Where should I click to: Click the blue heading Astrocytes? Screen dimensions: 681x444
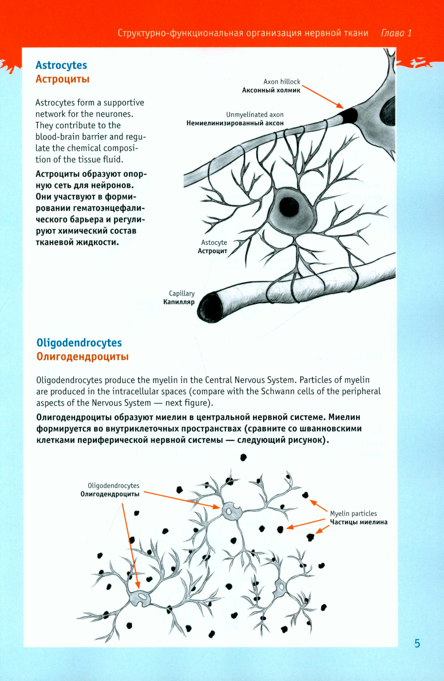[x=61, y=65]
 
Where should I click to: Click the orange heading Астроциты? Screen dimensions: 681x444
[x=63, y=79]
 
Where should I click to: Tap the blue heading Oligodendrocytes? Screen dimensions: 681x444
[x=79, y=343]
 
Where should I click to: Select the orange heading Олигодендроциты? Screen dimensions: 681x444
[x=83, y=357]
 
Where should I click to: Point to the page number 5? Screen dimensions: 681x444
[x=417, y=644]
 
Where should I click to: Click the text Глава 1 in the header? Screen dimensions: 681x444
[x=396, y=33]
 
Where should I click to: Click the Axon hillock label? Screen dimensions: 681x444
[x=281, y=82]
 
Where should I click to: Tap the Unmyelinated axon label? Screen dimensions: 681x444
[x=255, y=115]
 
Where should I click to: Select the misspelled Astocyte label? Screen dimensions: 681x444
[x=214, y=243]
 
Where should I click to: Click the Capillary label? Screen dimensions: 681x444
[x=182, y=294]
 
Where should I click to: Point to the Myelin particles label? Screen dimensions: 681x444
[x=353, y=513]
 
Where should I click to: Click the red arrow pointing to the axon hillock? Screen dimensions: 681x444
[x=322, y=96]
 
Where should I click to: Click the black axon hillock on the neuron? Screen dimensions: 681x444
[x=349, y=116]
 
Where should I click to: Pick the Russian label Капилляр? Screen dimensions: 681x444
[x=179, y=302]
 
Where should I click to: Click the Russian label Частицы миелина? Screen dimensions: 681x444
[x=358, y=522]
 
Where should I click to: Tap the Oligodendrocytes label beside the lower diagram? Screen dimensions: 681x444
[x=114, y=485]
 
